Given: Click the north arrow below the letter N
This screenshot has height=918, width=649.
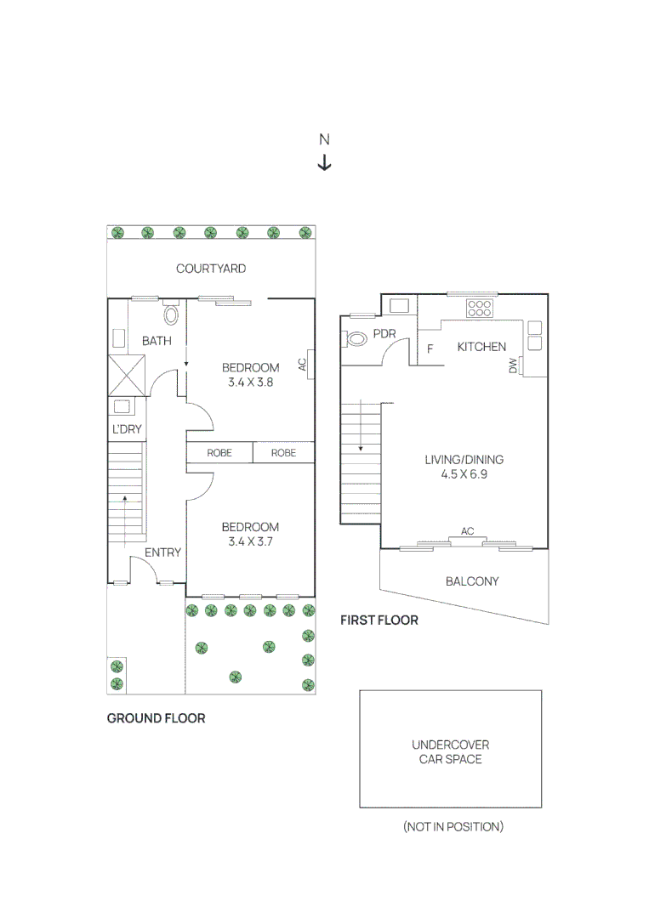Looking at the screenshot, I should pos(324,162).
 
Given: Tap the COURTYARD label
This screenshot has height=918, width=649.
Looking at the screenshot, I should pos(211,269).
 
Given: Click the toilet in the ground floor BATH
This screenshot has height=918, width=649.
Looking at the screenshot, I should pos(171,316).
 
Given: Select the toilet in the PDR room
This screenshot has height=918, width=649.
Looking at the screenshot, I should pos(356,338).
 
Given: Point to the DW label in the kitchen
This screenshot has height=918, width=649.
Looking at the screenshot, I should pos(513,365).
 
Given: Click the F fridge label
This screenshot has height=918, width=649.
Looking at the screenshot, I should pos(430,348).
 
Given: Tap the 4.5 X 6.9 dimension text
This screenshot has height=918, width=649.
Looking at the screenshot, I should pos(464,474).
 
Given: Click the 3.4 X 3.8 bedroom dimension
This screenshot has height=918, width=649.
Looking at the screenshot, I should pos(250,382).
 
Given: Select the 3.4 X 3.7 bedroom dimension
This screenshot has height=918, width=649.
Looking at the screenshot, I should pos(250,541).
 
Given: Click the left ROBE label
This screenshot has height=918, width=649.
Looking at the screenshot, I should pos(219,453).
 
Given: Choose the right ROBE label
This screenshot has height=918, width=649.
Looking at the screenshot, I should pos(283,453).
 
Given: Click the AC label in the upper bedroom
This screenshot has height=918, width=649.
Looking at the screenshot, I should pos(302,364).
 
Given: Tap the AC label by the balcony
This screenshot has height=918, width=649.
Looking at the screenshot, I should pos(467,531).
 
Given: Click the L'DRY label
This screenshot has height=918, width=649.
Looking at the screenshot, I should pos(127,429).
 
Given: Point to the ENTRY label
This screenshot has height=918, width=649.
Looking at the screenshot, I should pos(162,552).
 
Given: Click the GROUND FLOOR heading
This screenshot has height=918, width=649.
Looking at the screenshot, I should pos(156,718).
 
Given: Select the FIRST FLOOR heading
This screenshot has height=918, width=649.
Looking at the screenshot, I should pos(379,620).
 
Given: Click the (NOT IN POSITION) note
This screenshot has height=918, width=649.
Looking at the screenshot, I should pos(453,826).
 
